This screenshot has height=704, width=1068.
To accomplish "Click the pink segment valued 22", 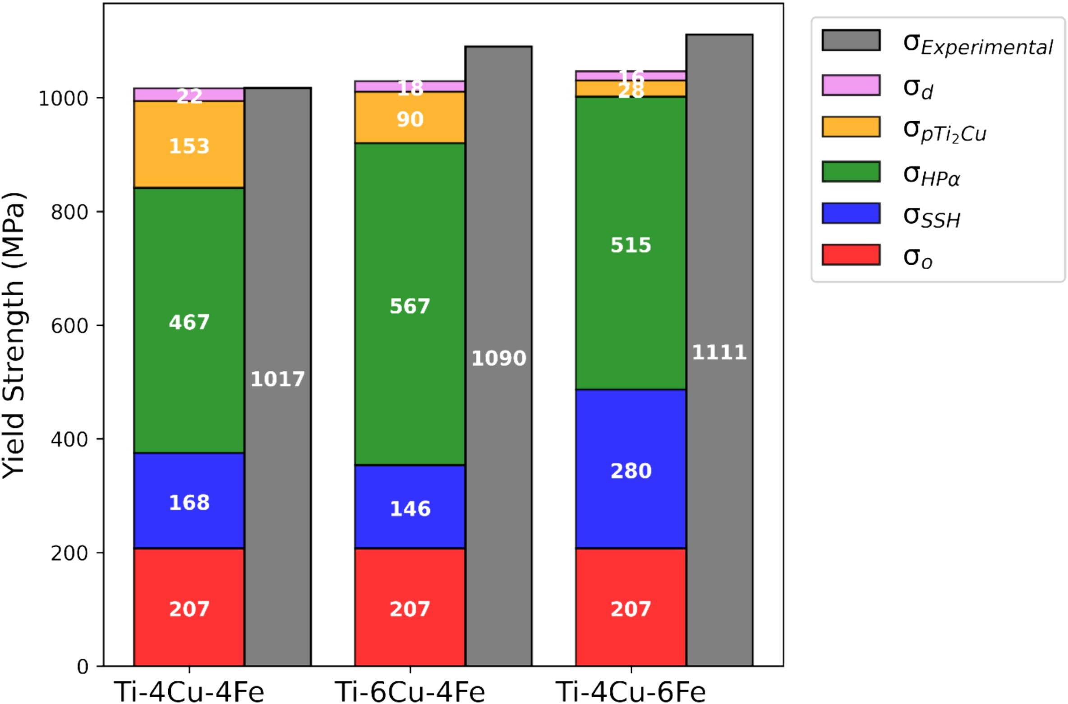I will pyautogui.click(x=189, y=95).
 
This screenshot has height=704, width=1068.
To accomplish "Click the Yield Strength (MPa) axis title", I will pyautogui.click(x=14, y=334).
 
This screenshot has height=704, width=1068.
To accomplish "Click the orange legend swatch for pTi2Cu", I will pyautogui.click(x=851, y=127).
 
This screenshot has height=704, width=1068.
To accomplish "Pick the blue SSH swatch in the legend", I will pyautogui.click(x=851, y=213).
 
